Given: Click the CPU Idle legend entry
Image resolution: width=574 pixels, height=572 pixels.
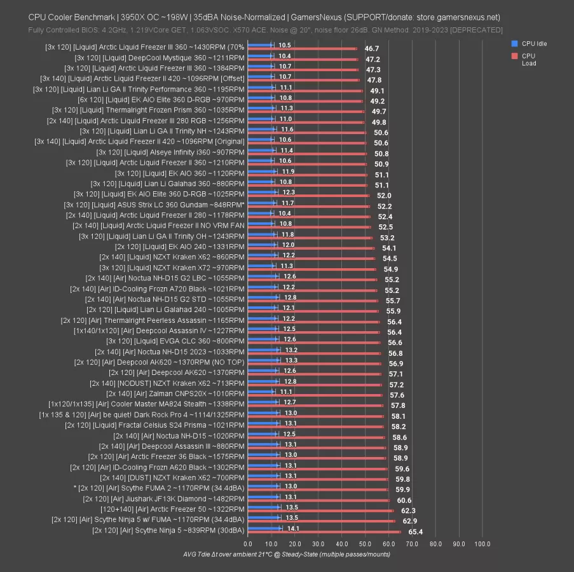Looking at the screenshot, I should coord(533,44).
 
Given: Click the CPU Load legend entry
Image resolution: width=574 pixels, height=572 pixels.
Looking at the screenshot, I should coord(528,60).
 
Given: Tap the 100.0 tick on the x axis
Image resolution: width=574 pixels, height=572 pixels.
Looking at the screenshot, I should coord(482,544).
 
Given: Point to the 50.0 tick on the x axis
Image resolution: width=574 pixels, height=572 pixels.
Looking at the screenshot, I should coord(365,544).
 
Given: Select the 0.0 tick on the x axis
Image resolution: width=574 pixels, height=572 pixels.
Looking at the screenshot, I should coord(248,544).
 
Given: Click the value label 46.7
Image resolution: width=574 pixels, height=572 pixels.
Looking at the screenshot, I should coord(372,48).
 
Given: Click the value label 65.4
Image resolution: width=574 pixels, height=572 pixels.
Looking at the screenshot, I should coord(416,531).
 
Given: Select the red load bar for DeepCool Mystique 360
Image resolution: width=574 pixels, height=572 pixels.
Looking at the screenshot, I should coord(303,59).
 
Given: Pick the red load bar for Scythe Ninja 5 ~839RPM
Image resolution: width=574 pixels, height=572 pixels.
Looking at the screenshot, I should coord(324,532).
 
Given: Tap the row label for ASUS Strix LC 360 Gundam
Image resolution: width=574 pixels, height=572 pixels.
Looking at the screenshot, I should coord(154,204).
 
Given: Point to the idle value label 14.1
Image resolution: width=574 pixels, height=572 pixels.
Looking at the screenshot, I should coord(294,528).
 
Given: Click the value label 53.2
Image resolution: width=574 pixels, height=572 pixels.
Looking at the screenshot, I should coord(387,238).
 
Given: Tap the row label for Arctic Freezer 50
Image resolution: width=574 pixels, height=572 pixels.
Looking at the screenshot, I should coord(172,510).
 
